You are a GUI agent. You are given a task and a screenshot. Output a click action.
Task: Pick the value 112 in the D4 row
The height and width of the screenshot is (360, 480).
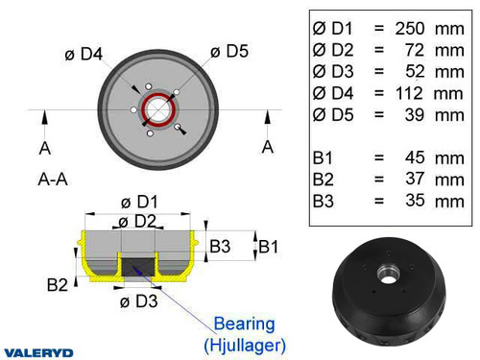pyautogui.click(x=406, y=94)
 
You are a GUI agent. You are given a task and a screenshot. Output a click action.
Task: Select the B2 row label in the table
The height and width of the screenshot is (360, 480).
pyautogui.click(x=326, y=179)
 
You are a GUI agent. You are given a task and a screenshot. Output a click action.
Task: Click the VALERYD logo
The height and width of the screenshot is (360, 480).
pyautogui.click(x=38, y=352)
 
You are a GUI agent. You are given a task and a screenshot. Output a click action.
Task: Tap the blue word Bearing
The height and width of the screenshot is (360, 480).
pyautogui.click(x=243, y=324)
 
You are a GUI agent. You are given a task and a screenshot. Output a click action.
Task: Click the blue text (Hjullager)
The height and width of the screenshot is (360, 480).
pyautogui.click(x=243, y=343)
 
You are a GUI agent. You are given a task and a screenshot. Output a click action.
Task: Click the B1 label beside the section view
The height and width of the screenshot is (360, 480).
pyautogui.click(x=270, y=247)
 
